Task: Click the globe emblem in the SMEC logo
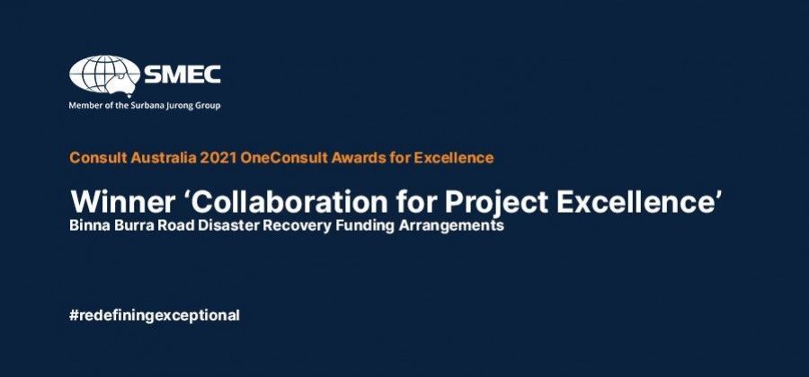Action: pyautogui.click(x=105, y=75)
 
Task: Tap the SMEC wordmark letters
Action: pyautogui.click(x=182, y=75)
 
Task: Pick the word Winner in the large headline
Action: pyautogui.click(x=121, y=201)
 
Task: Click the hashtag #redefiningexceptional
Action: pyautogui.click(x=155, y=316)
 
